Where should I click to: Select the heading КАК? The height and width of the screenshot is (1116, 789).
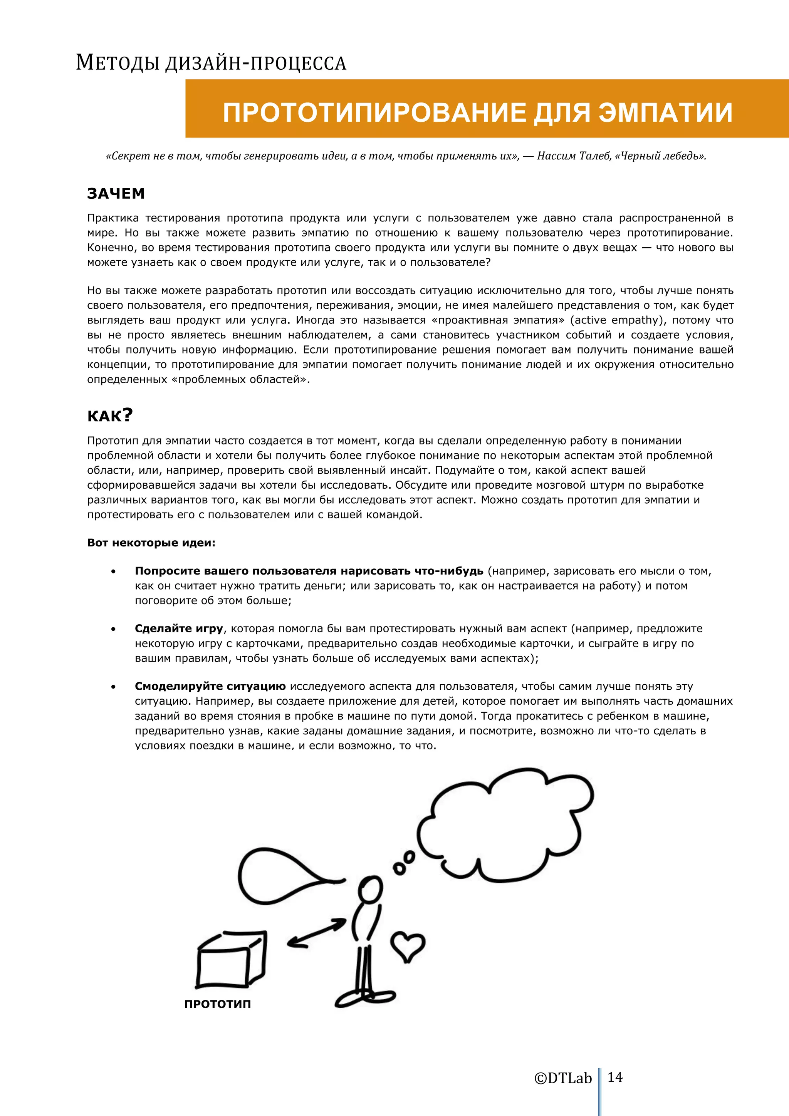click(110, 416)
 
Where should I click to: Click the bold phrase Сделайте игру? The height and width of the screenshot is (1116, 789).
click(178, 628)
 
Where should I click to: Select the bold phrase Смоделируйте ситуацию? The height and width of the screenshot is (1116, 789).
click(210, 686)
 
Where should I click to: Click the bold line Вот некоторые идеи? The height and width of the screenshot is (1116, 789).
click(151, 543)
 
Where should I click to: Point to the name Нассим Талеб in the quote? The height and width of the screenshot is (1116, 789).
click(574, 156)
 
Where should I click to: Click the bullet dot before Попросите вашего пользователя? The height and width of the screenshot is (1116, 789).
click(113, 571)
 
